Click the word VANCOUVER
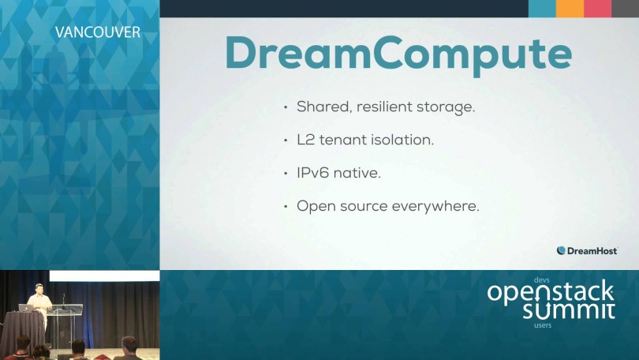[97, 32]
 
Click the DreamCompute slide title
[398, 54]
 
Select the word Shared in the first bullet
[323, 107]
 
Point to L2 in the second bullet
[305, 140]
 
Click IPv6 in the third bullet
[312, 173]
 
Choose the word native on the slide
[357, 173]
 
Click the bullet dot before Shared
[286, 107]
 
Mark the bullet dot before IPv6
[286, 174]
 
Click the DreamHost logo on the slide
[587, 251]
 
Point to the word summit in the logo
[569, 311]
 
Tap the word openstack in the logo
[550, 292]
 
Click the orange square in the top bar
[570, 9]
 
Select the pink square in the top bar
[597, 9]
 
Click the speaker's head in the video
[39, 288]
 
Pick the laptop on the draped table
[27, 308]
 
